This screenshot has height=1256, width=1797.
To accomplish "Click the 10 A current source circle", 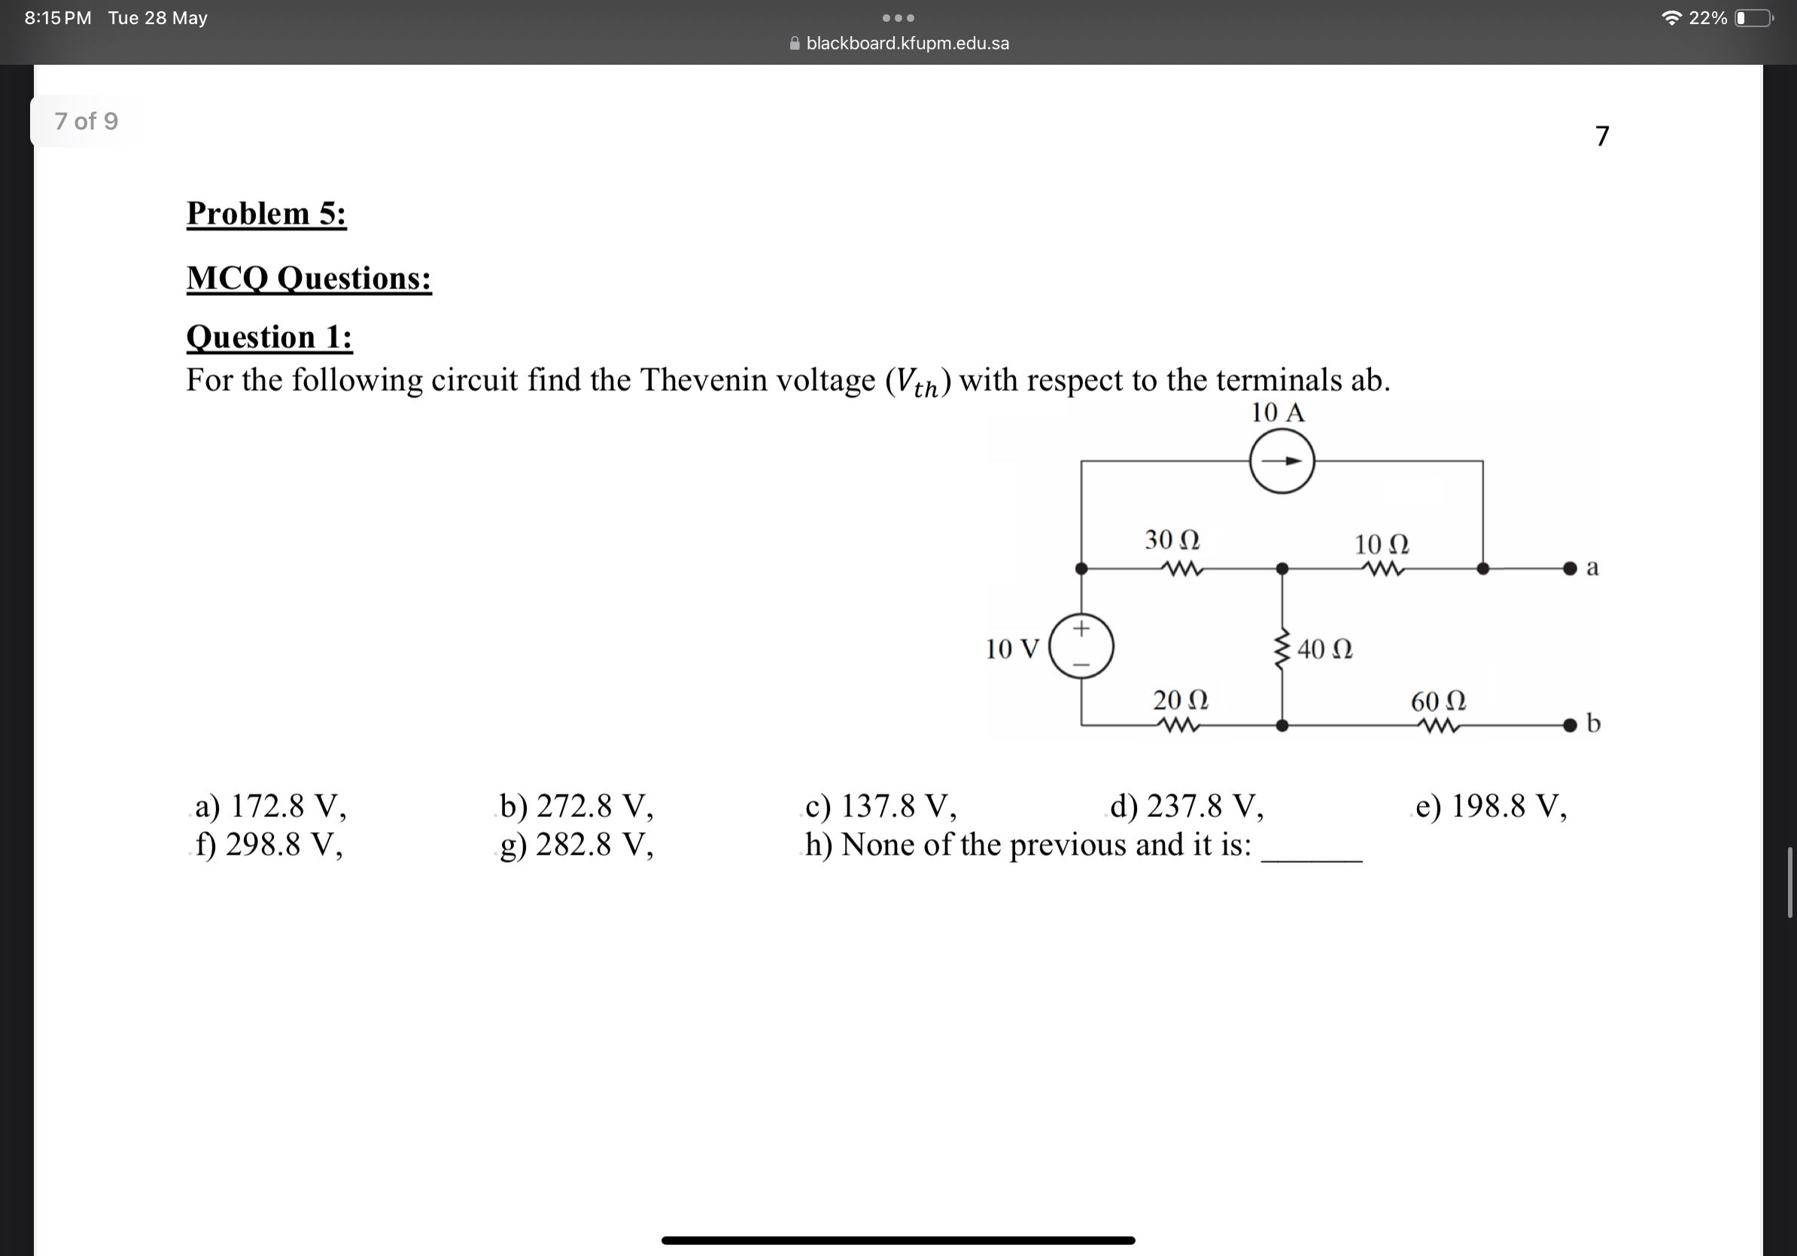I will click(1282, 462).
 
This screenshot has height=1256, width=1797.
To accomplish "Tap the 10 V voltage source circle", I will click(1081, 646).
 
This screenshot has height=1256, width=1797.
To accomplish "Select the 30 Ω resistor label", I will click(1172, 539).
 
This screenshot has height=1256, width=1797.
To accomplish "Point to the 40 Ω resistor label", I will click(1324, 649).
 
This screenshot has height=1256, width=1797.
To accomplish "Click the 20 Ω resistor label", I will click(1180, 700).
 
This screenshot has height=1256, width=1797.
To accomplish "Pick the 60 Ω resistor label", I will click(1438, 701).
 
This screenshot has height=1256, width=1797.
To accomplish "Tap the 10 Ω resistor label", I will click(1382, 544).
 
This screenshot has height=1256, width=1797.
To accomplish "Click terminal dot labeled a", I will click(1569, 569).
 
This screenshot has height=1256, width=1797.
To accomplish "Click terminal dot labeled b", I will click(1569, 725).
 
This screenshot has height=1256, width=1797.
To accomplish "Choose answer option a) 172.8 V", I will click(270, 806).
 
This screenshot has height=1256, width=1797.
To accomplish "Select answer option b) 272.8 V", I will click(576, 806).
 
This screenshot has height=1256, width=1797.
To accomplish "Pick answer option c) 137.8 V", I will click(880, 806).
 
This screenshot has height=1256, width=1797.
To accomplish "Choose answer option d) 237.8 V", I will click(1187, 806).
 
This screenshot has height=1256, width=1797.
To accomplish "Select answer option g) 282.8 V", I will click(576, 845).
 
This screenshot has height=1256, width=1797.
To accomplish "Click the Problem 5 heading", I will click(266, 214).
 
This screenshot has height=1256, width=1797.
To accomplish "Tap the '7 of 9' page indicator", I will click(86, 121).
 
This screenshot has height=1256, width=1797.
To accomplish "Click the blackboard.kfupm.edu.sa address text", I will click(907, 43).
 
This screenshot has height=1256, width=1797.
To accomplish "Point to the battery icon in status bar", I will click(1754, 18).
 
